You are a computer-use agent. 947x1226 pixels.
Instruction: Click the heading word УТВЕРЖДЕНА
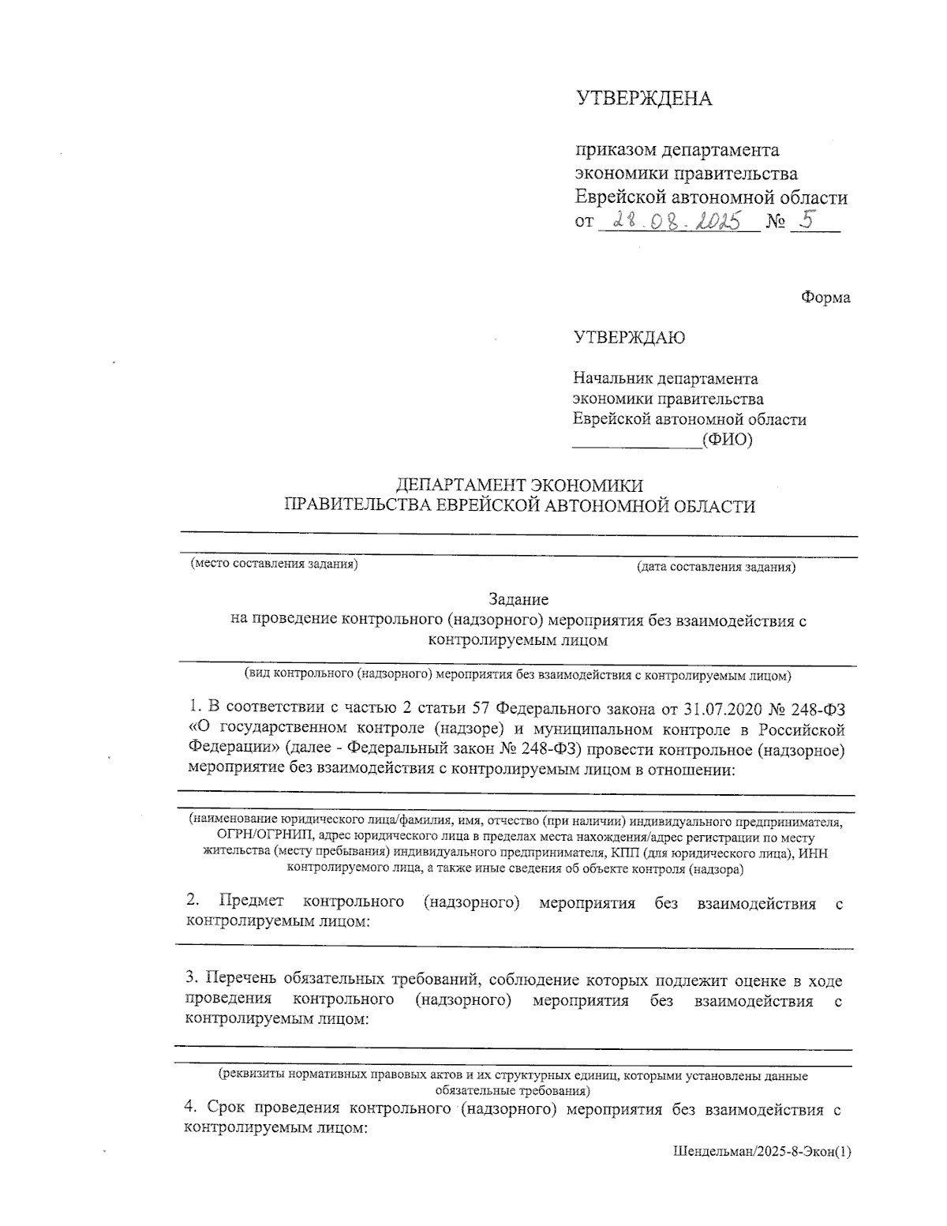[x=643, y=99]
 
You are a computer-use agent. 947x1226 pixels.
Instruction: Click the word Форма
[x=825, y=298]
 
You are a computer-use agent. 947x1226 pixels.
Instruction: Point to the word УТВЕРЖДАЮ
[x=630, y=338]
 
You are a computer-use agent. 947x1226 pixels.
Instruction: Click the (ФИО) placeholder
[x=727, y=440]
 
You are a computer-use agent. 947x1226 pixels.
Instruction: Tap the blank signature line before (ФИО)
[x=636, y=445]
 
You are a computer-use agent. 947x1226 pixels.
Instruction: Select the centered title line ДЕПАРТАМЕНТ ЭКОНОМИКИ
[x=518, y=485]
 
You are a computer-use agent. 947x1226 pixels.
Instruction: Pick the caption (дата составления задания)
[x=716, y=567]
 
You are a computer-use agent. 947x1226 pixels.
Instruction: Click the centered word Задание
[x=518, y=600]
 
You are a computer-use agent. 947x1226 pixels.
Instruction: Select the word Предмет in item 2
[x=251, y=902]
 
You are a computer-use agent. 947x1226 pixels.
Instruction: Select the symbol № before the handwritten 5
[x=776, y=223]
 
